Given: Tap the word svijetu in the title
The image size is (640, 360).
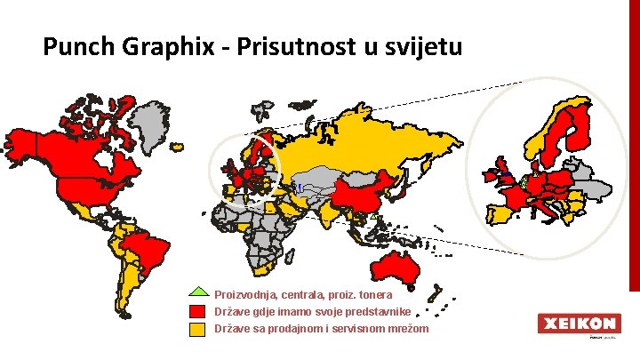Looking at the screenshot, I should click(x=421, y=46).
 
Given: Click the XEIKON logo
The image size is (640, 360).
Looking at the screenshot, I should click(x=577, y=324).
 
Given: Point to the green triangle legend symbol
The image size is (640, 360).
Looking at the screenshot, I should click(x=199, y=292).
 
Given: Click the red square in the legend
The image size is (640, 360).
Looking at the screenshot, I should click(x=199, y=311).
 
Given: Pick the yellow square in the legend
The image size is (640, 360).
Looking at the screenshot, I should click(x=199, y=329).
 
